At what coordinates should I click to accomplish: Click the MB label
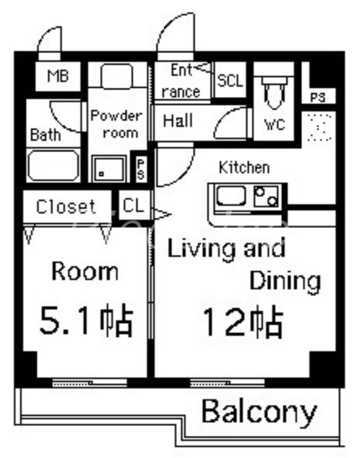[x=58, y=76]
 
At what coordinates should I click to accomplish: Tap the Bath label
[x=45, y=136]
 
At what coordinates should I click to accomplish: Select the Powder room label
[x=116, y=124]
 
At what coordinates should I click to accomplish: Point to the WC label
[x=274, y=124]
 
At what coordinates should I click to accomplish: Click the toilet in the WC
[x=274, y=92]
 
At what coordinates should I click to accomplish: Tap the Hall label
[x=178, y=121]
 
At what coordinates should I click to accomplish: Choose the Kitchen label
[x=244, y=168]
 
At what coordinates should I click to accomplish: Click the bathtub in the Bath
[x=54, y=165]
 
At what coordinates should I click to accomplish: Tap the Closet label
[x=66, y=206]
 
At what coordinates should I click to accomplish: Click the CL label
[x=134, y=206]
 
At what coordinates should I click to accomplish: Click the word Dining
[x=285, y=281]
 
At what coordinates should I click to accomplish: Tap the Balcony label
[x=259, y=411]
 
